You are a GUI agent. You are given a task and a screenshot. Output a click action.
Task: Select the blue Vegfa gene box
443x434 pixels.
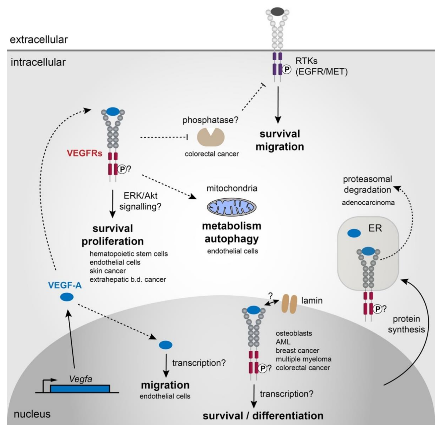(80, 389)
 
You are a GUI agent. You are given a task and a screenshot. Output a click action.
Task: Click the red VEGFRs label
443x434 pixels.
(85, 153)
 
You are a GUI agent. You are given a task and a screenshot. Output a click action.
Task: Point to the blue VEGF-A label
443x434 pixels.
(65, 285)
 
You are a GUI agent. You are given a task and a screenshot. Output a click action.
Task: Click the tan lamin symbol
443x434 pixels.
(289, 304)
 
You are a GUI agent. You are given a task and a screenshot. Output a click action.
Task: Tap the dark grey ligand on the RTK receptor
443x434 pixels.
(277, 12)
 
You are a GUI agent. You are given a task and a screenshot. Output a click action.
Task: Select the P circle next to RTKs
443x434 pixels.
(287, 69)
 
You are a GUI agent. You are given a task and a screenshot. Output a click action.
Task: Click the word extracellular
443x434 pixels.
(39, 40)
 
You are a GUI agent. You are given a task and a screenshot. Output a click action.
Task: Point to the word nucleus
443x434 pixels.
(32, 414)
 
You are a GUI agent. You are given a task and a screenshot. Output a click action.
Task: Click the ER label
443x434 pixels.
(375, 228)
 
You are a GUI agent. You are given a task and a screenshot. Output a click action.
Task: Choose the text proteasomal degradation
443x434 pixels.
(367, 184)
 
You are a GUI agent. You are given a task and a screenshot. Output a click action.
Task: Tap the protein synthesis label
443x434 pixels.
(406, 324)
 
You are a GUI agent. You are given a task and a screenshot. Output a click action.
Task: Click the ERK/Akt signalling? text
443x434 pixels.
(140, 201)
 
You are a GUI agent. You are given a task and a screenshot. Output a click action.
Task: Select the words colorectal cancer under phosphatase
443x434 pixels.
(211, 154)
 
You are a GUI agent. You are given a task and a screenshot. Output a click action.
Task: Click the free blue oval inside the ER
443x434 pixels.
(354, 233)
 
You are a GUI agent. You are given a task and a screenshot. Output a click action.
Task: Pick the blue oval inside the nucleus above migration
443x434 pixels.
(165, 345)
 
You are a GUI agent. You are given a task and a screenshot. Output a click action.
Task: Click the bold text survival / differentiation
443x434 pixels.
(263, 416)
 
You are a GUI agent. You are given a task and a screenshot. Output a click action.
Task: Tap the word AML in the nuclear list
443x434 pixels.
(283, 342)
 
